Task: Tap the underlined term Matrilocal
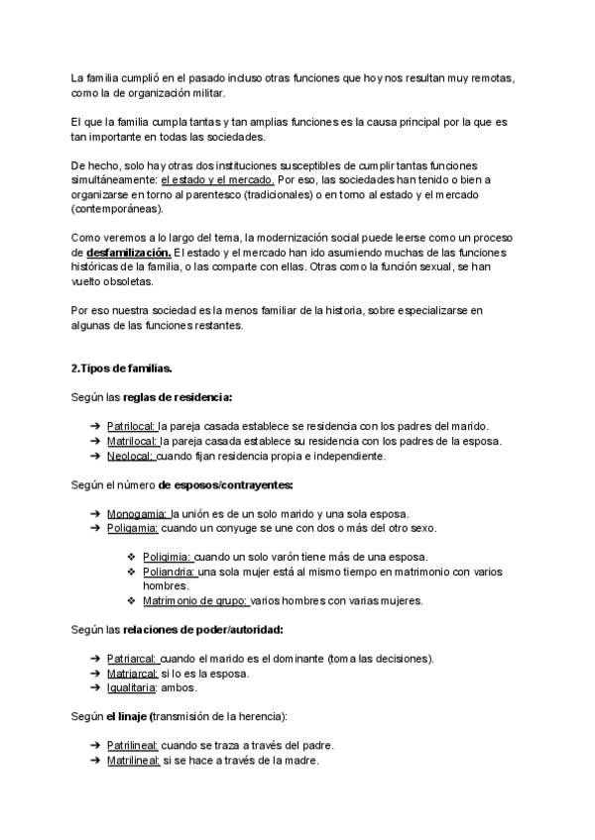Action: (133, 442)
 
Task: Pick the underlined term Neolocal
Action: (131, 457)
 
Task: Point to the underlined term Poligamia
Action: (133, 529)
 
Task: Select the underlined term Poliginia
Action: (167, 558)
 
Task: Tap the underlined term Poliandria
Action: (170, 573)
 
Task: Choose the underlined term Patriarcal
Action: (132, 659)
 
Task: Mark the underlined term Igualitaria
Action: (132, 687)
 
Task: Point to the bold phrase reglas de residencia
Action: (178, 398)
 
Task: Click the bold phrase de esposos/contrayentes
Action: (225, 485)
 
